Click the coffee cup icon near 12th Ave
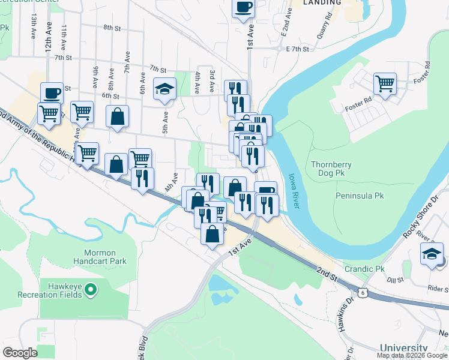[x=52, y=94]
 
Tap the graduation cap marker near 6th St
[x=164, y=89]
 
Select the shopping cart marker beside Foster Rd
[x=385, y=83]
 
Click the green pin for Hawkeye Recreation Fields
[x=91, y=291]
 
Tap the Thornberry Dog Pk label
[x=331, y=169]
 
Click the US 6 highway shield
[x=362, y=293]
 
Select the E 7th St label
[x=298, y=49]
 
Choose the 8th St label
[x=112, y=28]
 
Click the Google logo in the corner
[x=20, y=353]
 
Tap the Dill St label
[x=394, y=280]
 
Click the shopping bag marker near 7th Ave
[x=118, y=116]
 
